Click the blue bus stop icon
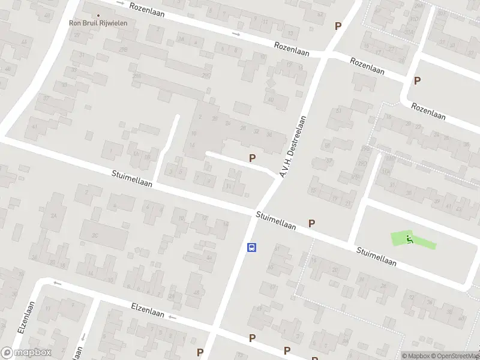tap(253, 247)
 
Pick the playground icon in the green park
tap(410, 239)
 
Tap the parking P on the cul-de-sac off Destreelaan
tap(253, 158)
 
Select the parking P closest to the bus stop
tap(311, 223)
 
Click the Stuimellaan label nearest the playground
tap(376, 257)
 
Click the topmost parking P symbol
tap(338, 26)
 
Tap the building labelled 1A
tap(136, 154)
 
